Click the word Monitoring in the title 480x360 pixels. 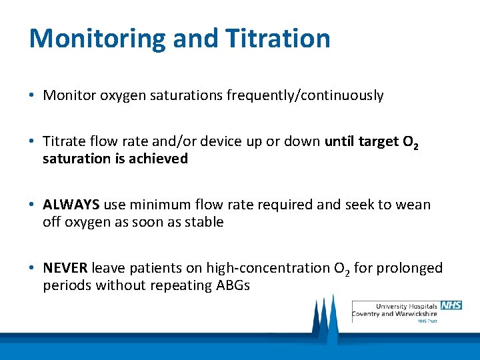click(97, 39)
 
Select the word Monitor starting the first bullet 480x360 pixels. click(70, 95)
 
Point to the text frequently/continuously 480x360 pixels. click(305, 96)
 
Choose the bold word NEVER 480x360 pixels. click(65, 268)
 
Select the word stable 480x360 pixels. click(203, 222)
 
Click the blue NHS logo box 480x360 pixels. click(451, 305)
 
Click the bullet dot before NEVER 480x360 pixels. click(33, 269)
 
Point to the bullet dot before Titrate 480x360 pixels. click(33, 142)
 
